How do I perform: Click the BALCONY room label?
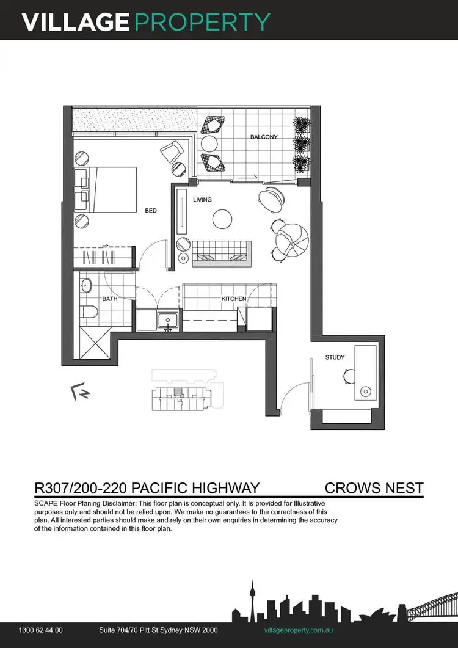pos(264,137)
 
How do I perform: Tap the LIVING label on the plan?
pos(202,200)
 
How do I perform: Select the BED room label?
pos(151,211)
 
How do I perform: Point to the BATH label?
pos(110,299)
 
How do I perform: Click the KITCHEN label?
pos(234,299)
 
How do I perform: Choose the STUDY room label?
pos(335,357)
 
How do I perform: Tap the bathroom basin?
pos(85,285)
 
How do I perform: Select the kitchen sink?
pos(165,319)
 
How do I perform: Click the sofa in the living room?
pos(222,252)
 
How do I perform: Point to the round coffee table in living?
pos(222,218)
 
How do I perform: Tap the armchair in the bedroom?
pos(172,150)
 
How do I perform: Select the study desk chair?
pos(350,376)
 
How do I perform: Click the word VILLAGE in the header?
pos(75,22)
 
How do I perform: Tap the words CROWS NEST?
pos(374,488)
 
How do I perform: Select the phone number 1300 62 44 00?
pos(41,630)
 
